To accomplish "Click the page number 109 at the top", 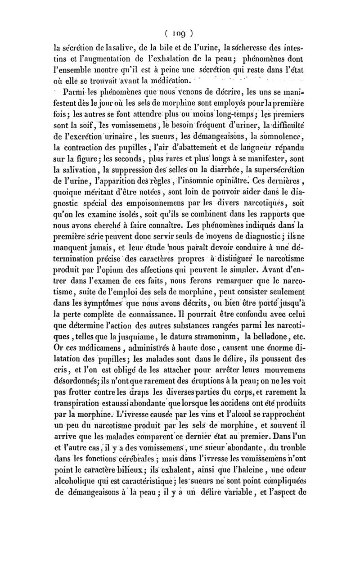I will [180, 32].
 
